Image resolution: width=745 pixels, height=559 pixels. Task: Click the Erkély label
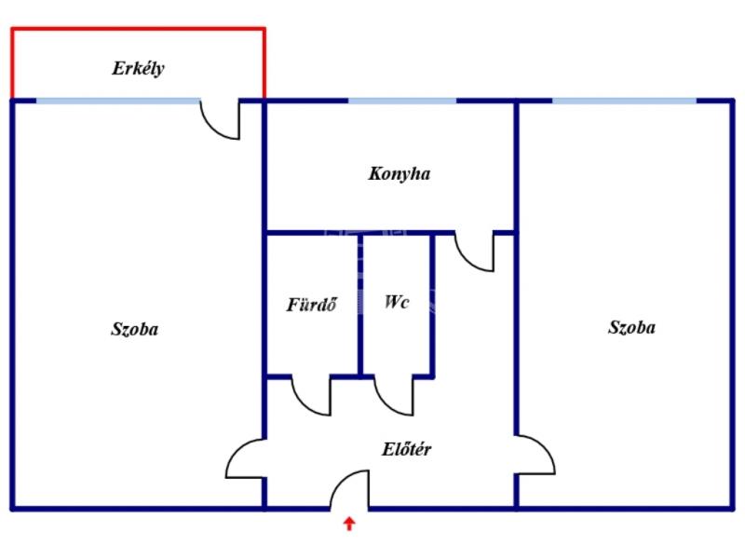pyautogui.click(x=139, y=68)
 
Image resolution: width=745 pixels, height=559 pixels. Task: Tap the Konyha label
pyautogui.click(x=399, y=173)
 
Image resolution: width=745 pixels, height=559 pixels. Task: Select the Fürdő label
pyautogui.click(x=311, y=305)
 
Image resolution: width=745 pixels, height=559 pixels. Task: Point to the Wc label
pyautogui.click(x=397, y=303)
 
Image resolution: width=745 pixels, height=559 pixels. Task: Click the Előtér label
pyautogui.click(x=406, y=449)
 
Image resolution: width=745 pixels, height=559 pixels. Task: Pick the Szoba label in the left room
pyautogui.click(x=135, y=329)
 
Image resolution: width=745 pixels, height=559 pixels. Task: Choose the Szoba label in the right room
pyautogui.click(x=631, y=328)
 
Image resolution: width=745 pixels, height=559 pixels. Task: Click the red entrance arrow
pyautogui.click(x=349, y=524)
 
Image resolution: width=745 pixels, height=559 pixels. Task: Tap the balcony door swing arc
pyautogui.click(x=222, y=122)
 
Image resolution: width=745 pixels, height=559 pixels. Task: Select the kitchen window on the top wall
pyautogui.click(x=402, y=101)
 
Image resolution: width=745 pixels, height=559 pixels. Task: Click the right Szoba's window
pyautogui.click(x=623, y=101)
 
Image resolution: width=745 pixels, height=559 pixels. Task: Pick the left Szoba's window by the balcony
pyautogui.click(x=117, y=101)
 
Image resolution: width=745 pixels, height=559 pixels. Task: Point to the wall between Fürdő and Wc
pyautogui.click(x=360, y=303)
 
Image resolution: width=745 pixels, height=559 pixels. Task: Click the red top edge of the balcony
pyautogui.click(x=138, y=29)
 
